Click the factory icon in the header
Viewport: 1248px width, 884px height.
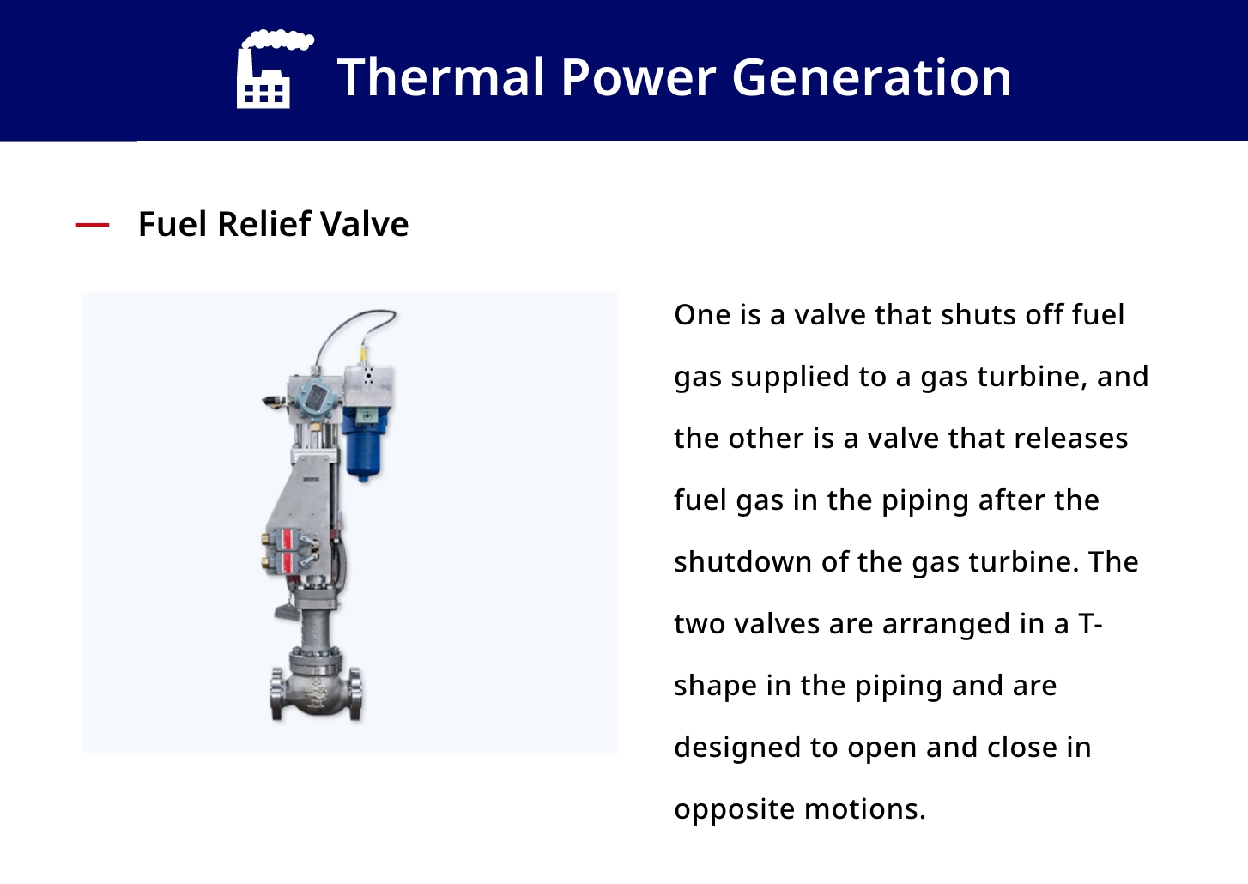[273, 69]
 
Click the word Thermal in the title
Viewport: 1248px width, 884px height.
[440, 77]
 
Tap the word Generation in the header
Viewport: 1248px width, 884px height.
[871, 77]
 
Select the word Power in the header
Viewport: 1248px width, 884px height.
[638, 77]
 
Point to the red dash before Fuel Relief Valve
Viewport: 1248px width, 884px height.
[92, 225]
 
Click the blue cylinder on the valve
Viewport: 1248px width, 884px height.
[363, 443]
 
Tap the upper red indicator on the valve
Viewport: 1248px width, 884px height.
[288, 540]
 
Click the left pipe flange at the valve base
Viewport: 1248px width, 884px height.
[277, 693]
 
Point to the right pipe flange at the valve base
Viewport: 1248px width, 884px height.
[355, 693]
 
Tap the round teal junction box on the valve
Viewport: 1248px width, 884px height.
[315, 397]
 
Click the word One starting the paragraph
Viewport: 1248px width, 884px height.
[703, 315]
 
